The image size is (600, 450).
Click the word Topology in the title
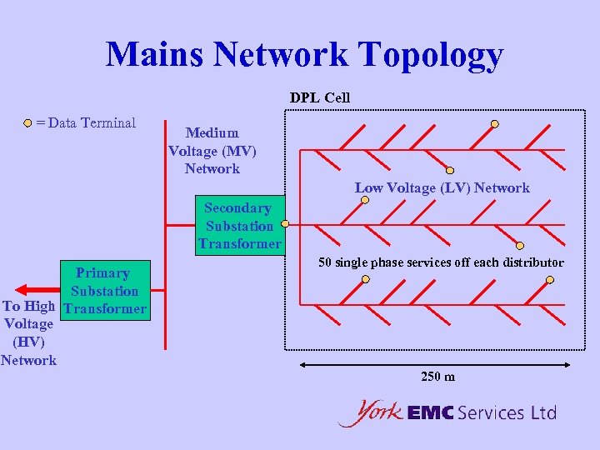pyautogui.click(x=431, y=55)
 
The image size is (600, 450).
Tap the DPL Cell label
pyautogui.click(x=320, y=97)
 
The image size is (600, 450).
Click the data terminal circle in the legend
pyautogui.click(x=28, y=123)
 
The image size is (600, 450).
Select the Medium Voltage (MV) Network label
pyautogui.click(x=212, y=151)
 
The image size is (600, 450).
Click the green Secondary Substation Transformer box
pyautogui.click(x=240, y=226)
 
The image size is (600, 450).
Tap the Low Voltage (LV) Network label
pyautogui.click(x=442, y=187)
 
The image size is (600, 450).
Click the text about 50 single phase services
pyautogui.click(x=441, y=262)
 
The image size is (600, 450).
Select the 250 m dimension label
pyautogui.click(x=437, y=377)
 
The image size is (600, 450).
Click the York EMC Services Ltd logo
pyautogui.click(x=447, y=412)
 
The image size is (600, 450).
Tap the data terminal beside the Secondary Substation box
pyautogui.click(x=285, y=224)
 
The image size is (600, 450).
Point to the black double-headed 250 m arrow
pyautogui.click(x=434, y=364)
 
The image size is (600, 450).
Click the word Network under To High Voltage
pyautogui.click(x=29, y=360)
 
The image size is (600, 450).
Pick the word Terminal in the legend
pyautogui.click(x=107, y=123)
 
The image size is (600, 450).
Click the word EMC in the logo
pyautogui.click(x=430, y=412)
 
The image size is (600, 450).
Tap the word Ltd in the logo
pyautogui.click(x=542, y=412)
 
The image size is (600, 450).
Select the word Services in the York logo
pyautogui.click(x=491, y=412)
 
